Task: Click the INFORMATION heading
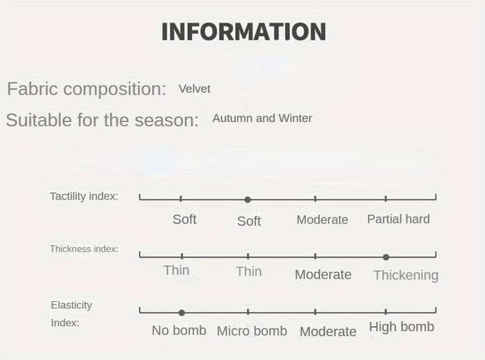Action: pyautogui.click(x=244, y=32)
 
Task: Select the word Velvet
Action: pyautogui.click(x=194, y=89)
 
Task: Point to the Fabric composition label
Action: pyautogui.click(x=87, y=89)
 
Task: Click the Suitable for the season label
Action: pyautogui.click(x=102, y=120)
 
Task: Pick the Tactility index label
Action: pyautogui.click(x=84, y=196)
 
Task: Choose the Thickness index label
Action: pyautogui.click(x=84, y=249)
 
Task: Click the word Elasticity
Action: pyautogui.click(x=71, y=305)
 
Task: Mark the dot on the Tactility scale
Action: pyautogui.click(x=247, y=199)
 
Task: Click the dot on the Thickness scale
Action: pyautogui.click(x=386, y=257)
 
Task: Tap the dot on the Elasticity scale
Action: pyautogui.click(x=182, y=313)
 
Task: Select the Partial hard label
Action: pyautogui.click(x=398, y=219)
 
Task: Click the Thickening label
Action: pyautogui.click(x=406, y=275)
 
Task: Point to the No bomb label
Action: pyautogui.click(x=179, y=330)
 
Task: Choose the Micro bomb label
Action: pyautogui.click(x=252, y=331)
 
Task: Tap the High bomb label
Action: pyautogui.click(x=401, y=327)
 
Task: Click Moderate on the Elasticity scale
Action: pyautogui.click(x=328, y=332)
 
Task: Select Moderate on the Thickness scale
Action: pyautogui.click(x=324, y=275)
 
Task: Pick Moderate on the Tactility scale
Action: pyautogui.click(x=322, y=219)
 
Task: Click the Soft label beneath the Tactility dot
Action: pyautogui.click(x=249, y=221)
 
